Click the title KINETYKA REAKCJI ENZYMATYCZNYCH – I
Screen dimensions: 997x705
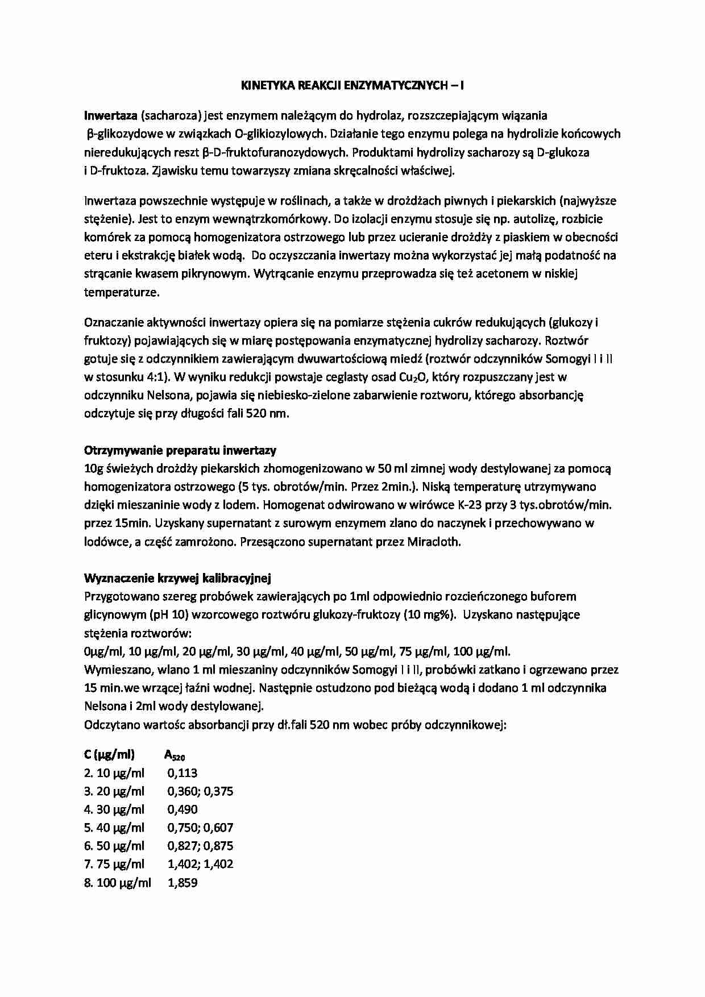click(x=352, y=86)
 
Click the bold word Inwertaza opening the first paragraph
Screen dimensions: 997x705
click(x=110, y=116)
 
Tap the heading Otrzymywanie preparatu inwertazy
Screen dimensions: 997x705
click(x=180, y=451)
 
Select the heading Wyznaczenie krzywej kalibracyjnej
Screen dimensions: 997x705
click(x=177, y=579)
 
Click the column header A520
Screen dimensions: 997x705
click(x=175, y=755)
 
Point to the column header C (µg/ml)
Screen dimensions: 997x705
click(x=109, y=755)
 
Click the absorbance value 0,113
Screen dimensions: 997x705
click(x=183, y=773)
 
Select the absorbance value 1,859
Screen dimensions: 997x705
click(x=183, y=883)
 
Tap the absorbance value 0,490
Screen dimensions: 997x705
click(x=183, y=809)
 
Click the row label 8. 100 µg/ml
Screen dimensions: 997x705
click(x=118, y=883)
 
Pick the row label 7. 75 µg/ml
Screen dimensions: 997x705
click(x=114, y=865)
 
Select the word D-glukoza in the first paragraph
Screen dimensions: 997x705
click(x=563, y=152)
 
